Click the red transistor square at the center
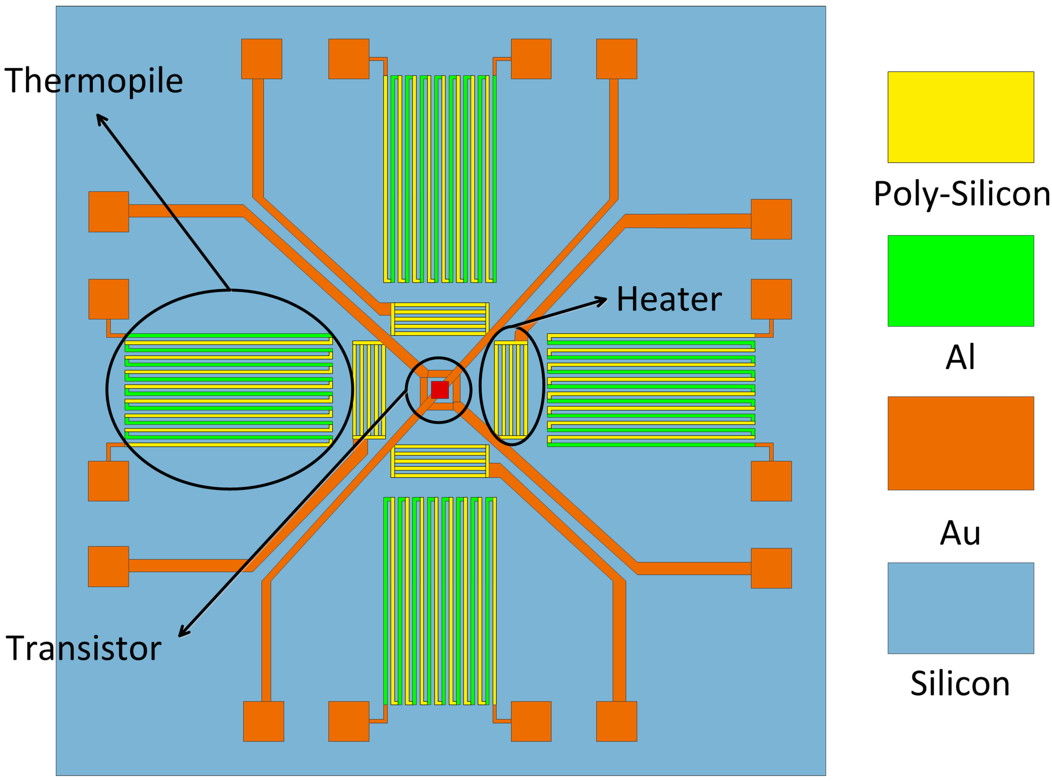pos(439,390)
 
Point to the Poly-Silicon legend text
pos(961,194)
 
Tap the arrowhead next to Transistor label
pos(182,633)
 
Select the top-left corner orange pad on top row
pos(261,59)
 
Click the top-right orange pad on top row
pos(616,59)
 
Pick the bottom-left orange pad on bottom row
pos(263,721)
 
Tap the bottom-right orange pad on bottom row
pos(616,721)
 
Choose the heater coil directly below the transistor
pos(439,461)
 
